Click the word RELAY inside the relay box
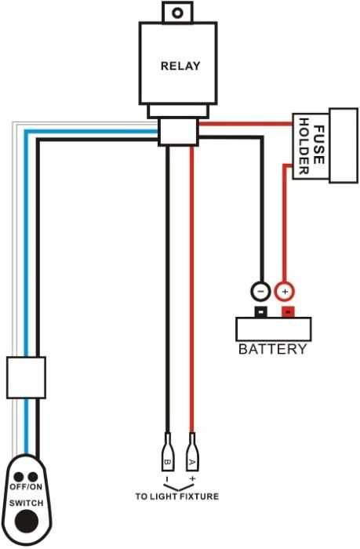[x=180, y=66]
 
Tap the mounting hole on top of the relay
[x=178, y=13]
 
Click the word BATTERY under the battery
[x=272, y=349]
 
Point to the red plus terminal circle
[x=285, y=291]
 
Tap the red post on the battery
[x=288, y=312]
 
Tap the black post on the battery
[x=260, y=312]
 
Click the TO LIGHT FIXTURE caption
[x=177, y=496]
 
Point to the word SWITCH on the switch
[x=27, y=501]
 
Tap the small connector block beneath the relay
[x=178, y=131]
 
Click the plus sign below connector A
[x=192, y=478]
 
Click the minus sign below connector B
[x=167, y=478]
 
